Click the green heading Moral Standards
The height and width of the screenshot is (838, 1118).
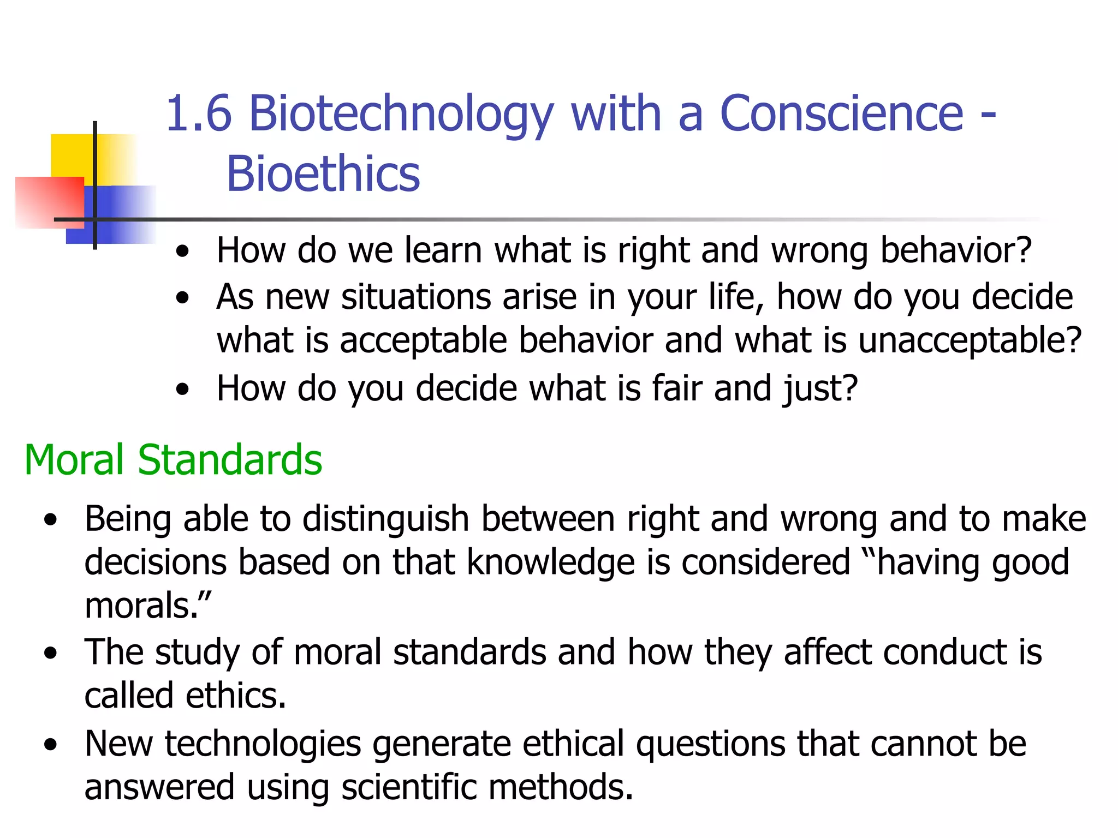(173, 460)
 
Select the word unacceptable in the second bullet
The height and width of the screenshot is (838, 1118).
(969, 340)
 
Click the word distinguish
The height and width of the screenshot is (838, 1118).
(385, 518)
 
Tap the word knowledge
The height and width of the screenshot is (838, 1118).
(551, 562)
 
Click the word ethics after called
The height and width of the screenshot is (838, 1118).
(236, 696)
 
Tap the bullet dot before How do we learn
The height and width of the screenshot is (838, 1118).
(183, 252)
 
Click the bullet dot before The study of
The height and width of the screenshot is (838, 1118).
(51, 653)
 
